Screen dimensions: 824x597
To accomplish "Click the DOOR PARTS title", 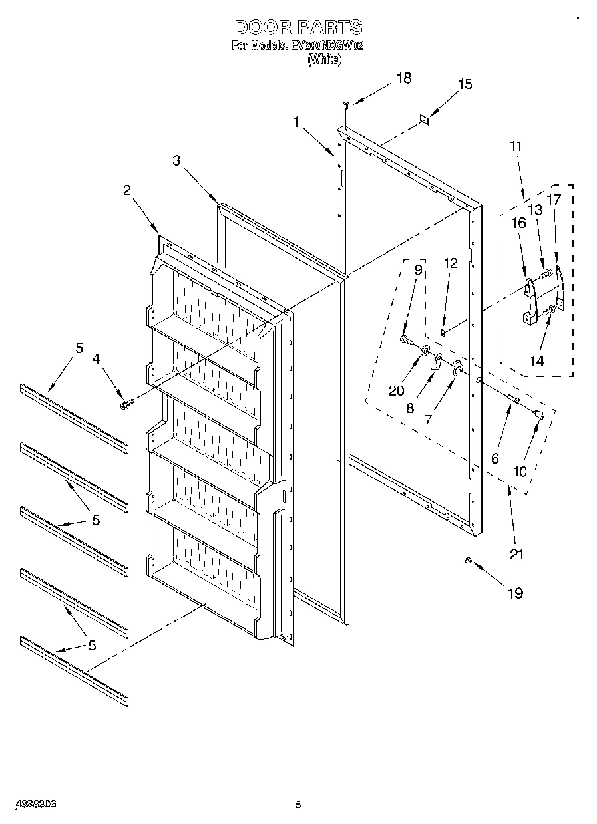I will (299, 27).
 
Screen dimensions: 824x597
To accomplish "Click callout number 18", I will (403, 78).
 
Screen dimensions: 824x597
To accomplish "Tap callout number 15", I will (465, 84).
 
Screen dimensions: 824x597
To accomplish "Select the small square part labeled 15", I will (423, 119).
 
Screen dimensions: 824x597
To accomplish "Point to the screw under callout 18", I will (346, 104).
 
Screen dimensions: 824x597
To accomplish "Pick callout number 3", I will (176, 160).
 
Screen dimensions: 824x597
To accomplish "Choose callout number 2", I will (126, 190).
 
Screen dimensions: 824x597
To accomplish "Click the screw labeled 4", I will (125, 404).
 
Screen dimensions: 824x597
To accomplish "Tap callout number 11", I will (516, 146).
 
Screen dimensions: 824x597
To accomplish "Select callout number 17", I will (554, 198).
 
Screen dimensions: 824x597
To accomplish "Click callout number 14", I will (536, 361).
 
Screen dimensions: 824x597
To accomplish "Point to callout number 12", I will (451, 263).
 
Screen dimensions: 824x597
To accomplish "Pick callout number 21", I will (516, 553).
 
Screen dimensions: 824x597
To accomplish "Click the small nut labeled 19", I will (469, 562).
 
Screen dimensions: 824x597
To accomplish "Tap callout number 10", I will (520, 471).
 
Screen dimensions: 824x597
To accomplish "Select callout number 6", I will (495, 458).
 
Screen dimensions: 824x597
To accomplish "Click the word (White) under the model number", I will (324, 59).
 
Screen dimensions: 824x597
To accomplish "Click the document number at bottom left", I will (35, 804).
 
